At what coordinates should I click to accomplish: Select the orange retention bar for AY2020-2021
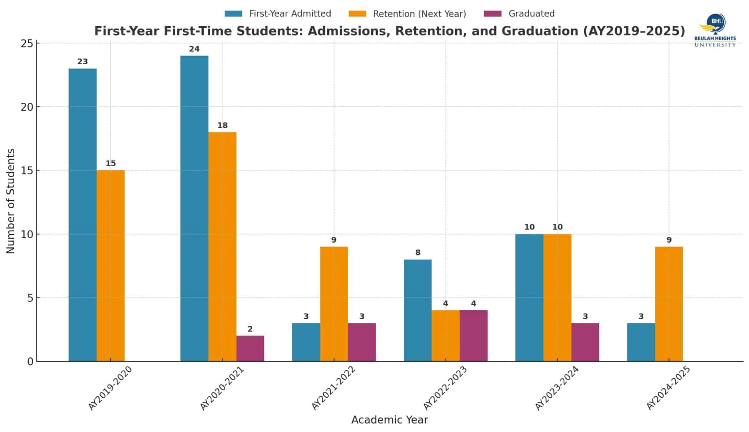pos(222,247)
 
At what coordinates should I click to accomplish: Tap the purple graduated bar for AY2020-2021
pos(250,349)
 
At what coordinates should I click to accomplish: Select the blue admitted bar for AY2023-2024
pos(529,298)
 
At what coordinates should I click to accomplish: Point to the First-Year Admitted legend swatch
pos(233,14)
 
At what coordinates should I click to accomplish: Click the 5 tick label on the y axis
pos(30,298)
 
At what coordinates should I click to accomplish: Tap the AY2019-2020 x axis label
pos(110,388)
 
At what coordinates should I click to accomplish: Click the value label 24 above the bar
pos(194,49)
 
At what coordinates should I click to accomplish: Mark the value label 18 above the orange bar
pos(222,126)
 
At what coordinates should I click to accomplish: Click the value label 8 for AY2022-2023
pos(418,253)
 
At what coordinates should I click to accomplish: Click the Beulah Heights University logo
pos(715,30)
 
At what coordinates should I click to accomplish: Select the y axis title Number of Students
pos(11,201)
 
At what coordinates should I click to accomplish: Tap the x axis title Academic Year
pos(389,420)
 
